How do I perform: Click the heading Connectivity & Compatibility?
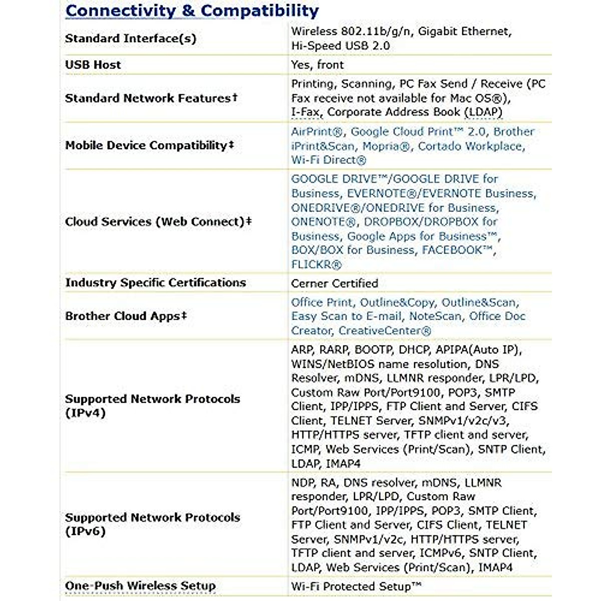click(192, 11)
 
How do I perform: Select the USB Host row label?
click(93, 65)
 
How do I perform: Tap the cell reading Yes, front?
click(318, 65)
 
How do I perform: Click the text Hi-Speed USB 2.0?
click(341, 46)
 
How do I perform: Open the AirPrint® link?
click(318, 132)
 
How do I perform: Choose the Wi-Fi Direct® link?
click(329, 160)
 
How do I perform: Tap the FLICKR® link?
click(317, 264)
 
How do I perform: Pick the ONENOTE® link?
click(325, 222)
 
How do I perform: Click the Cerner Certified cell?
click(335, 283)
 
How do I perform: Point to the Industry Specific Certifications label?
click(155, 282)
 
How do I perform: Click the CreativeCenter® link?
click(385, 331)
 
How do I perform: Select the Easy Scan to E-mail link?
click(347, 316)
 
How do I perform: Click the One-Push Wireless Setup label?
click(140, 585)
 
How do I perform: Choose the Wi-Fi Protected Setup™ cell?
click(356, 586)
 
